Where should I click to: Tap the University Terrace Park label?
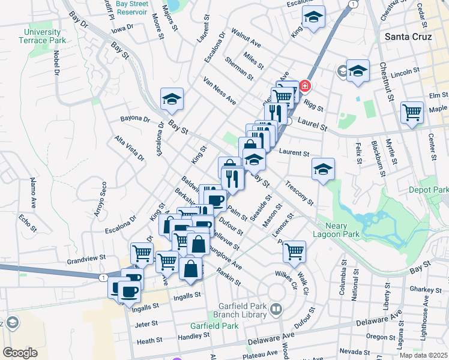[43, 36]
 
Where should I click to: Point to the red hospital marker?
[305, 86]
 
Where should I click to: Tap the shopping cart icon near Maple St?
[412, 112]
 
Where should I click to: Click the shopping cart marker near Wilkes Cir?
[294, 251]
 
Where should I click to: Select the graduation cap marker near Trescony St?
[323, 169]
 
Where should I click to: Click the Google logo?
[20, 353]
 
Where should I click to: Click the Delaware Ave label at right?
[379, 320]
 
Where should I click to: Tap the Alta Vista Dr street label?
[130, 149]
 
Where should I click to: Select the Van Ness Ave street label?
[219, 91]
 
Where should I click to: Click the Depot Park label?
[429, 190]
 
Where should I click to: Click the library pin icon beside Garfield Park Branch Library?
[276, 310]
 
